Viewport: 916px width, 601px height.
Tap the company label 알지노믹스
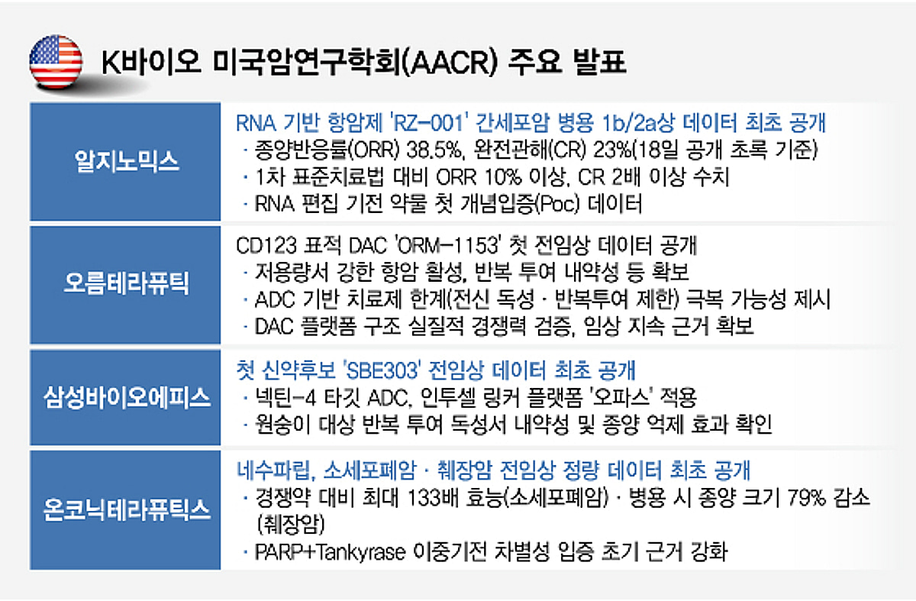(x=124, y=161)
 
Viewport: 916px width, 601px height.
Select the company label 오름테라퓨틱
(x=124, y=284)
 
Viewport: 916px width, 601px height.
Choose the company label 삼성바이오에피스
(x=124, y=398)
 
